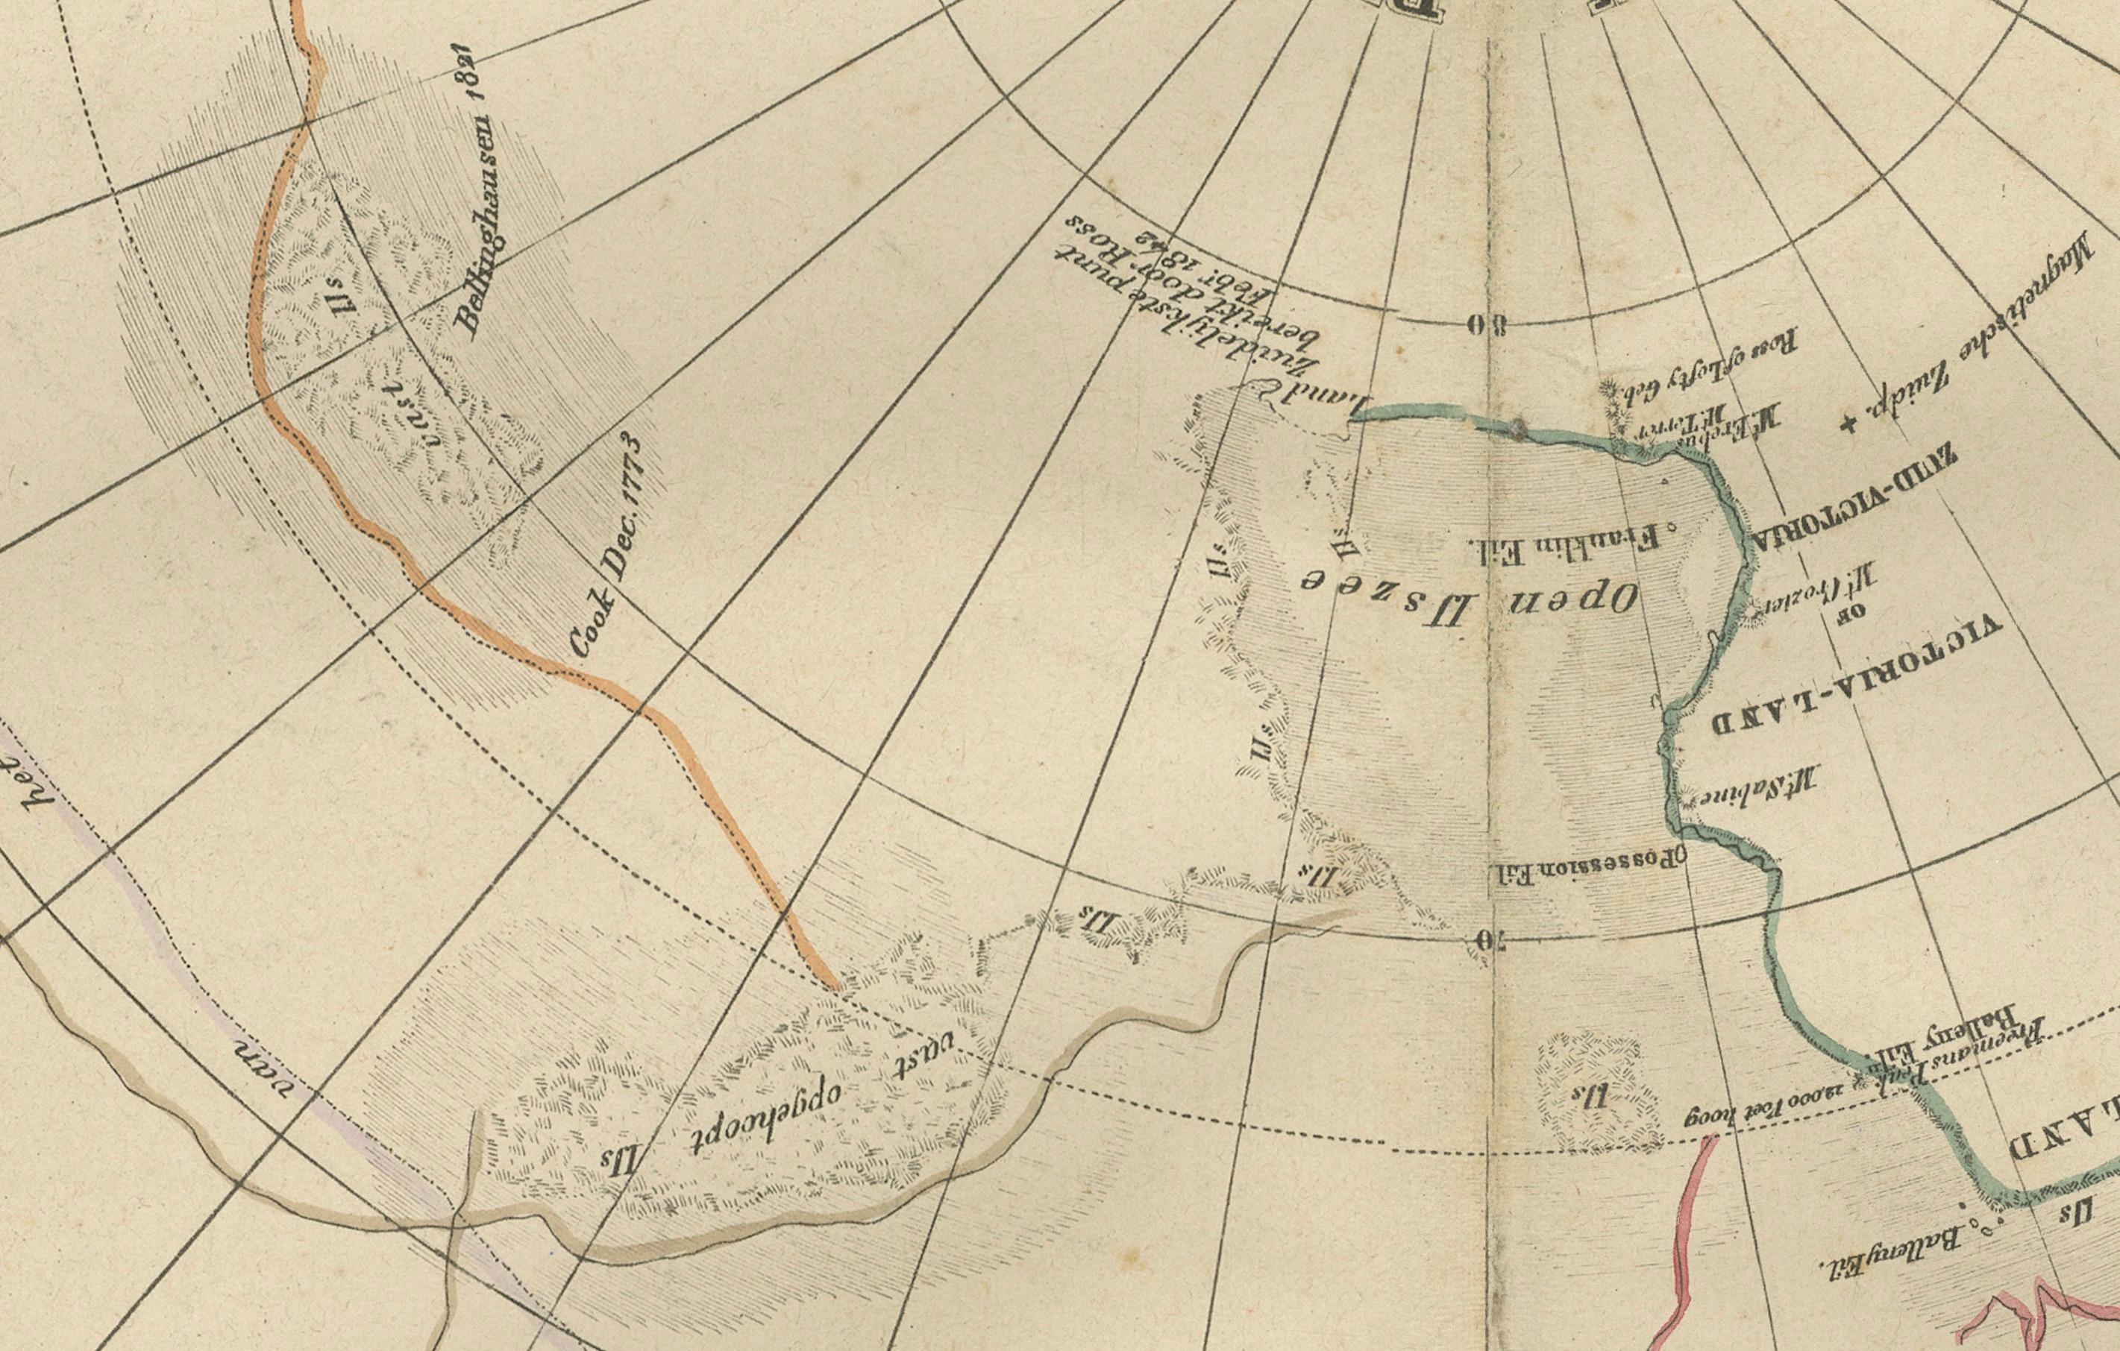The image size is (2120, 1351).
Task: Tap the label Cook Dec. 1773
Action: tap(607, 546)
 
